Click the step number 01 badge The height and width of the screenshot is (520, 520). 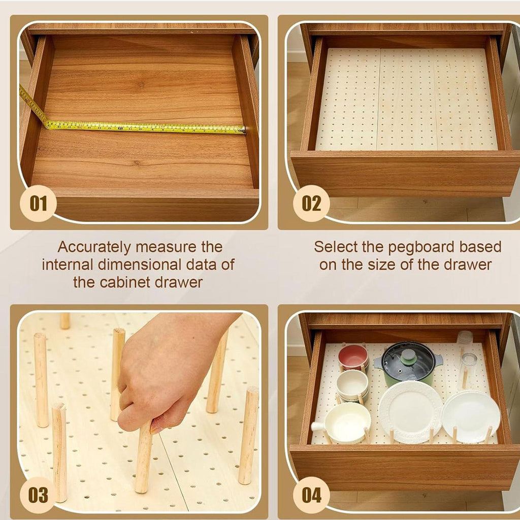[38, 203]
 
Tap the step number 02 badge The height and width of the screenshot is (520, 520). [311, 203]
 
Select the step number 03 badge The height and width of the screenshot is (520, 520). [38, 495]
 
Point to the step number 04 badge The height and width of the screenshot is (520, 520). [311, 495]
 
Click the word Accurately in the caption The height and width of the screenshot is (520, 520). [94, 247]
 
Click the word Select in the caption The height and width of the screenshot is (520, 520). [336, 247]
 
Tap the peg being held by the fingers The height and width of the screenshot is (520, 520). [144, 458]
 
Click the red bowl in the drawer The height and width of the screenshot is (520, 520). [353, 357]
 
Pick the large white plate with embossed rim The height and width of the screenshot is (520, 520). [410, 411]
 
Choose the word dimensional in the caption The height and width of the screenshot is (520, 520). [140, 265]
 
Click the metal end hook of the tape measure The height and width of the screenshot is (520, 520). [244, 129]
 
